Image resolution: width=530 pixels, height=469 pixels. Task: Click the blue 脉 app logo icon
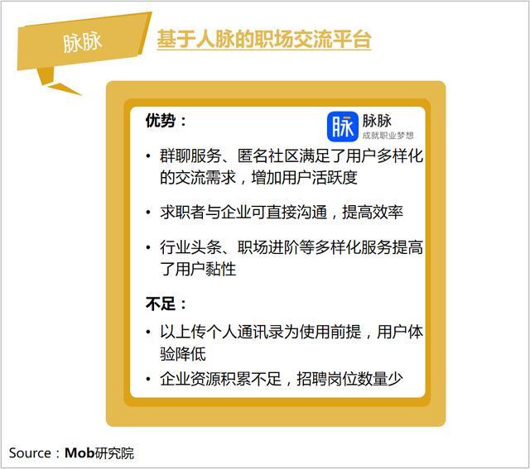(x=342, y=127)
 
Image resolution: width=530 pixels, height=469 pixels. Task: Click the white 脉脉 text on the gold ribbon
(x=82, y=42)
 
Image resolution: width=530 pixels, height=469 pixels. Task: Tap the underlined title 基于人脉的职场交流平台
(x=264, y=39)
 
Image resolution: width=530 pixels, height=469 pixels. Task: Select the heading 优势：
(x=166, y=121)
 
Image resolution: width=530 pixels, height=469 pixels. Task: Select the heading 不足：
(x=166, y=304)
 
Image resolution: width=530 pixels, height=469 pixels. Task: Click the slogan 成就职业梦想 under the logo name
(x=388, y=136)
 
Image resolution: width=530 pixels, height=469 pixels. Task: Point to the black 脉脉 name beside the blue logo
(x=377, y=121)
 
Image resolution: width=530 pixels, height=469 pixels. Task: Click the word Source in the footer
(x=30, y=453)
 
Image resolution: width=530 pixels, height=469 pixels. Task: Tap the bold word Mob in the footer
(x=79, y=452)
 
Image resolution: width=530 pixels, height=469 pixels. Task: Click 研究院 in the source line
(x=114, y=453)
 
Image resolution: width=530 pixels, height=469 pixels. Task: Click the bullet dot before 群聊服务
(x=148, y=156)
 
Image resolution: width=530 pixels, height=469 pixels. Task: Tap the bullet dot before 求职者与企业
(x=148, y=213)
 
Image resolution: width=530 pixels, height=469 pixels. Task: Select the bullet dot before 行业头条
(x=148, y=247)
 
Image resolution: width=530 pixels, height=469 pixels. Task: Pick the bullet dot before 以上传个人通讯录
(x=148, y=332)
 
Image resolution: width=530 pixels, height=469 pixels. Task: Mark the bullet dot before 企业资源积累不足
(x=148, y=379)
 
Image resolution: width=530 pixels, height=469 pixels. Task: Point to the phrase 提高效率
(x=373, y=213)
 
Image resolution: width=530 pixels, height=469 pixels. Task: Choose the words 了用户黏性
(x=198, y=269)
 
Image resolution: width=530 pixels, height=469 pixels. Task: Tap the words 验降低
(x=183, y=354)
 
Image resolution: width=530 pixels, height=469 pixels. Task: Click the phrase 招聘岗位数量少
(x=349, y=379)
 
